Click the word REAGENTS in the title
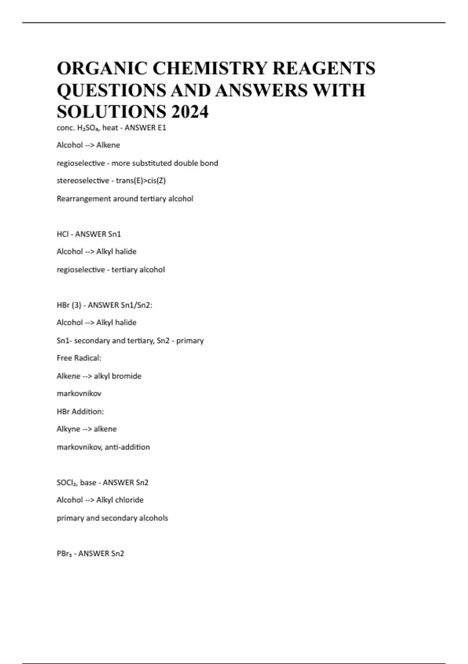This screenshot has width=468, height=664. click(323, 68)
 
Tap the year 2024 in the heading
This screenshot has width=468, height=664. click(190, 112)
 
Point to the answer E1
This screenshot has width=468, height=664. click(161, 128)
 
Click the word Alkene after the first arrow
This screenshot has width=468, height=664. click(108, 145)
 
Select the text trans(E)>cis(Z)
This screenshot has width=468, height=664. click(141, 180)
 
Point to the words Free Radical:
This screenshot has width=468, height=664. click(79, 358)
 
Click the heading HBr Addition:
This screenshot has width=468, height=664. click(80, 411)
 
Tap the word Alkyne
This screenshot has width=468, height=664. click(68, 429)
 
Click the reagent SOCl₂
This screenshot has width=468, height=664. click(67, 482)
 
